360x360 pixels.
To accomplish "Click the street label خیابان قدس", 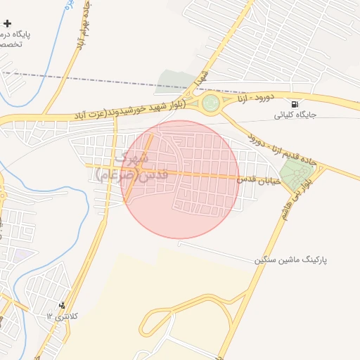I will coord(259,181).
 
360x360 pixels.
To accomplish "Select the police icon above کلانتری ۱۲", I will coord(63,305).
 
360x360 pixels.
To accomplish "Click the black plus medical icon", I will coord(8,23).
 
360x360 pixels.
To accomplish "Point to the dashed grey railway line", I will coord(105,79).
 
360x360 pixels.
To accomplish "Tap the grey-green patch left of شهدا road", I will coord(171,80).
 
